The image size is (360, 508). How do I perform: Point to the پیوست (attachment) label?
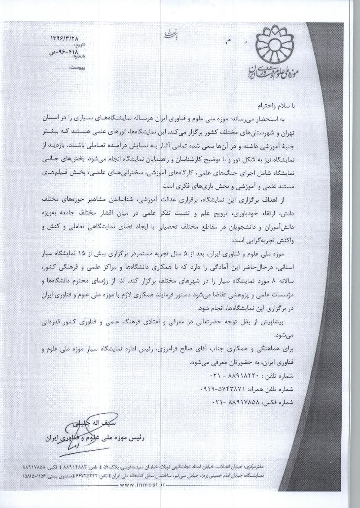pos(78,68)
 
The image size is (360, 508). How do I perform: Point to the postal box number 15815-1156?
pos(39,476)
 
